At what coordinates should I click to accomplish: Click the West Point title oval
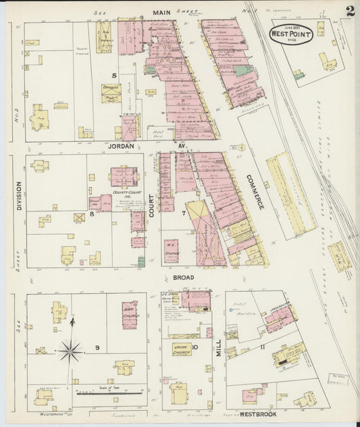(x=291, y=34)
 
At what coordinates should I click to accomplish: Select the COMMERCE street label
(x=254, y=191)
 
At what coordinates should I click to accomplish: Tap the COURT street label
(x=151, y=203)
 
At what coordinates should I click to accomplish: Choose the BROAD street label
(x=183, y=277)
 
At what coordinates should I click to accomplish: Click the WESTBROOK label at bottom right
(x=261, y=413)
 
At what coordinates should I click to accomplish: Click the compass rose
(x=70, y=351)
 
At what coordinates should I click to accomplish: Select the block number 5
(x=115, y=76)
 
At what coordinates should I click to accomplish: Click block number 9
(x=98, y=348)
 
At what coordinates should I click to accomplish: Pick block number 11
(x=261, y=347)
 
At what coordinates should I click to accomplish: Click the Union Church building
(x=180, y=350)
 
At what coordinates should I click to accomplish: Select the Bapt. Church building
(x=129, y=314)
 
